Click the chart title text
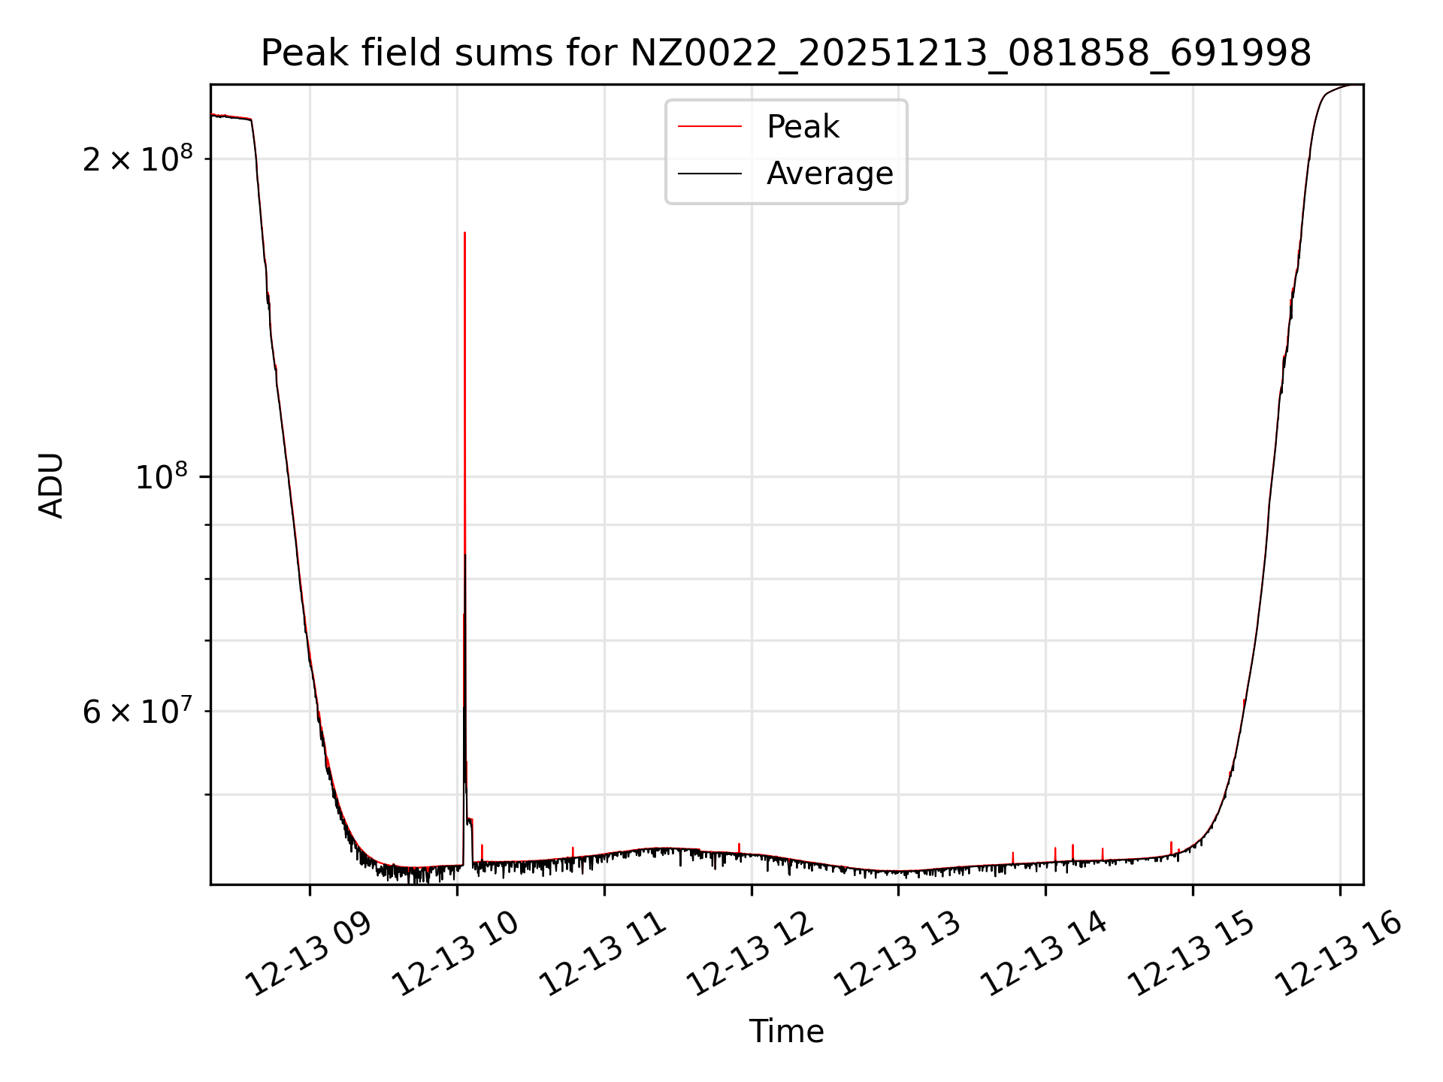pos(785,53)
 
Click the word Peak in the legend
pos(802,127)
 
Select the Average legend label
pos(830,174)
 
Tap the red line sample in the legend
pos(709,127)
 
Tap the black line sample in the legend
pos(709,174)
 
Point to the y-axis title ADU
pos(51,485)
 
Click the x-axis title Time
pos(786,1032)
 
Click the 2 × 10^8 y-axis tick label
pos(138,159)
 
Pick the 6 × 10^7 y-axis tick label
pos(138,711)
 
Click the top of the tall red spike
pos(464,234)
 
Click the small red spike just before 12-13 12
pos(739,846)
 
